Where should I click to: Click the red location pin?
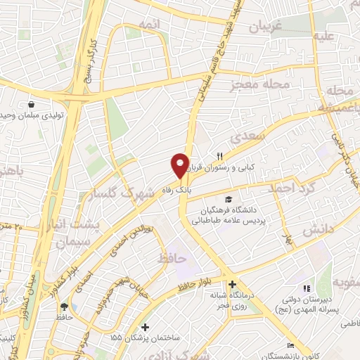180,165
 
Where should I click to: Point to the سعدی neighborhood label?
252,136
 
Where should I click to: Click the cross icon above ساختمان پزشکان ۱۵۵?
145,327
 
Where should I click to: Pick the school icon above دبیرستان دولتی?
305,288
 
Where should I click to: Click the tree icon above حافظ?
65,307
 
